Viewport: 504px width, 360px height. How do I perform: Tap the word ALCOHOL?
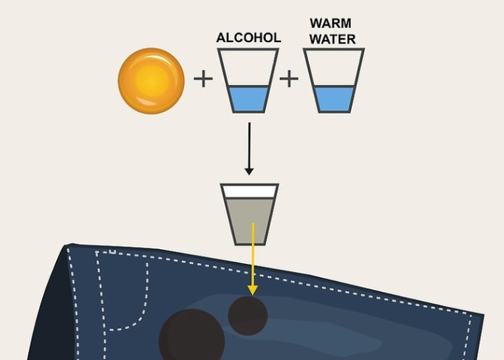click(x=248, y=38)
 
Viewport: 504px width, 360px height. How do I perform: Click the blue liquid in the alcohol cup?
click(x=248, y=98)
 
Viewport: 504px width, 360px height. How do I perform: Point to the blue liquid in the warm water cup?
click(x=333, y=98)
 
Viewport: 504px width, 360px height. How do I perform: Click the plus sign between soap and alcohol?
click(x=202, y=78)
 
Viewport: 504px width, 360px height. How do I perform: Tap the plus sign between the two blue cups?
click(x=289, y=78)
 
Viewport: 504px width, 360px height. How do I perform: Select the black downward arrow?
click(x=249, y=148)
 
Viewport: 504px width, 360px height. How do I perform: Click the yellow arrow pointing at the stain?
click(x=252, y=259)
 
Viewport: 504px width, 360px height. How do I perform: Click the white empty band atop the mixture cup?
click(x=249, y=191)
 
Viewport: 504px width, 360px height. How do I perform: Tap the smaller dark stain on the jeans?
click(x=247, y=315)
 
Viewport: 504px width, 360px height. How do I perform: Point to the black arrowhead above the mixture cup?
click(x=249, y=171)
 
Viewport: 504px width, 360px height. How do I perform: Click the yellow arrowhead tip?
click(x=252, y=292)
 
